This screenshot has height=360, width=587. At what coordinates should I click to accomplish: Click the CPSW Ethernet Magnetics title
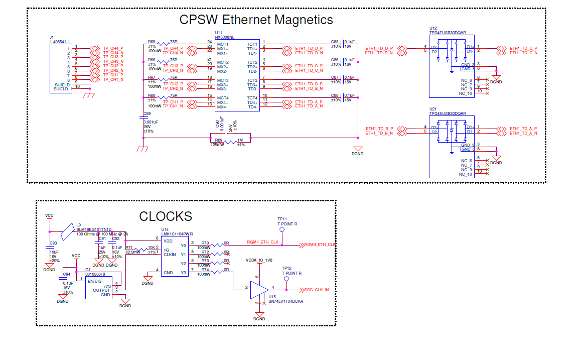256,20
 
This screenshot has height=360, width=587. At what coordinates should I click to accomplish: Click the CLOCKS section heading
166,216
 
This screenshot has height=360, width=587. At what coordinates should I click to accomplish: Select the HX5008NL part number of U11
225,37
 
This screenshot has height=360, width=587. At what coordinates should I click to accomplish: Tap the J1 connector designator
52,37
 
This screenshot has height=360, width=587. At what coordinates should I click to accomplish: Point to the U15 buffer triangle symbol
259,290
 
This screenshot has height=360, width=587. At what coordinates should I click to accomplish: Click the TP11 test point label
282,219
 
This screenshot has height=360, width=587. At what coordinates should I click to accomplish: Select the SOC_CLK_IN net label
317,290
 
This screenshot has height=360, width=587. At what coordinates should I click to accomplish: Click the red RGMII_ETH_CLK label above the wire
262,242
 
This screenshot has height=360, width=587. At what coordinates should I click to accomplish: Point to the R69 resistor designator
218,140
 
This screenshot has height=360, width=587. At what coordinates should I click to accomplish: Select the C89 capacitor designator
147,114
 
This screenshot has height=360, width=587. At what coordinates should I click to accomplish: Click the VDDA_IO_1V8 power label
259,261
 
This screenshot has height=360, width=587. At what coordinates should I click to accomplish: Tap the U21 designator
433,109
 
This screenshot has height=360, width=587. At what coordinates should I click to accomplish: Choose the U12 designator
433,28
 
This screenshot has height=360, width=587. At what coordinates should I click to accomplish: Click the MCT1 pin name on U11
222,44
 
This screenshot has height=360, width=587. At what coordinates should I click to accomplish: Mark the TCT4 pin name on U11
252,98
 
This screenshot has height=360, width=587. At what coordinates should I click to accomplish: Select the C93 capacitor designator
53,244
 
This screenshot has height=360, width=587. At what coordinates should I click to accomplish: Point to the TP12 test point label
286,268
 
